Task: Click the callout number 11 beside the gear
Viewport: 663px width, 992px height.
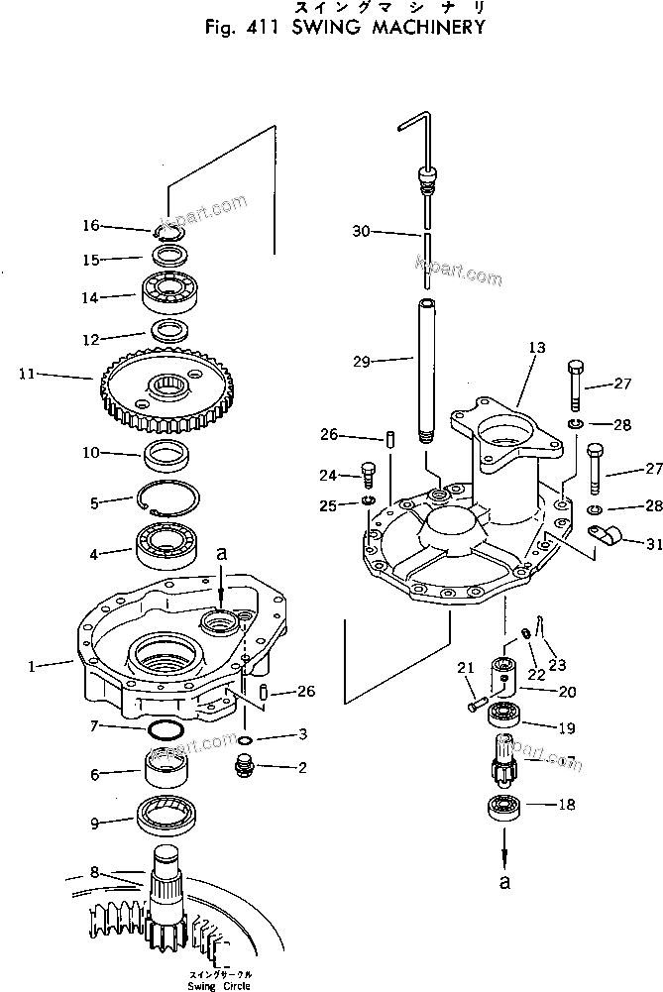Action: coord(26,375)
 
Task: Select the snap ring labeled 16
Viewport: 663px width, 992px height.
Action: coord(168,232)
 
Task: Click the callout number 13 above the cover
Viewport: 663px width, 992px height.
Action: coord(536,349)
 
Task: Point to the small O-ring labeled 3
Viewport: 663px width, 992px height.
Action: coord(245,739)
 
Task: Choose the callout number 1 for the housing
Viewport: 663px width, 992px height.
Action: coord(33,667)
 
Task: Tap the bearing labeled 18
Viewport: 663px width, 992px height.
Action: coord(502,806)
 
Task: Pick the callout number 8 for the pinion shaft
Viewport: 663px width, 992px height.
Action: coord(94,872)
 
